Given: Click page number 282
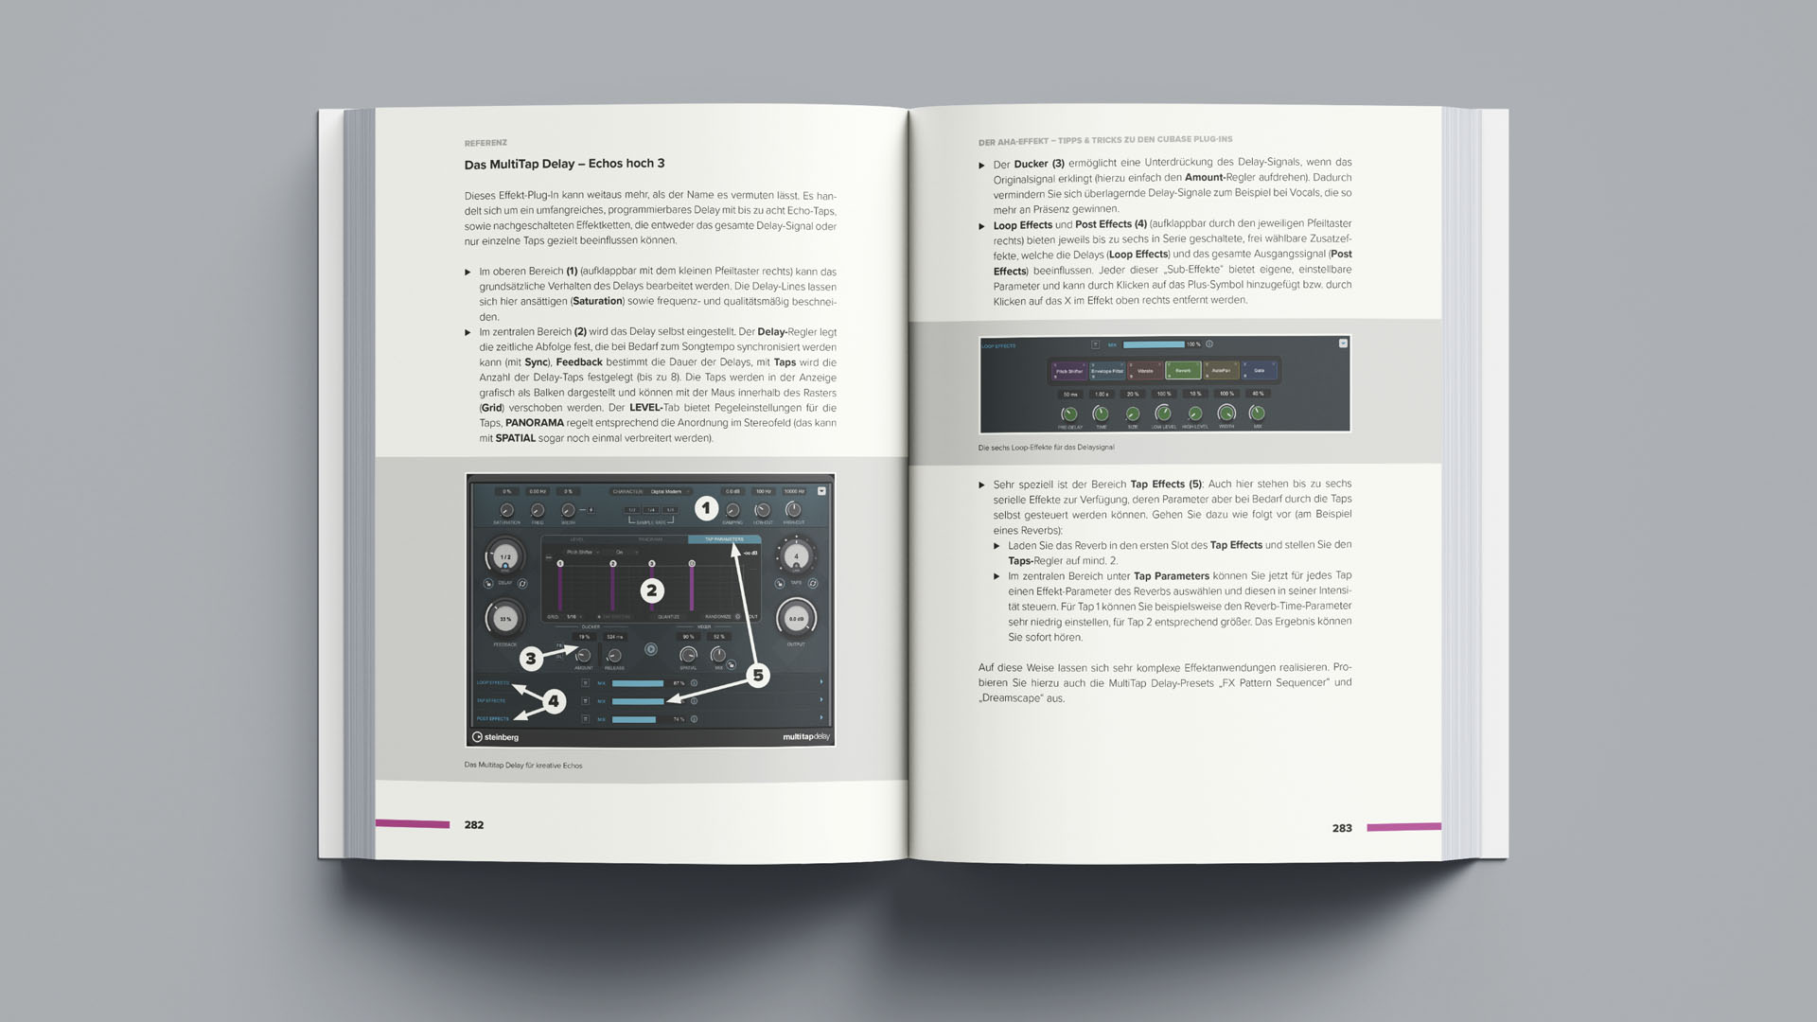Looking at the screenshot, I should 474,825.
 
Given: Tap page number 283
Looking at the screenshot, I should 1342,828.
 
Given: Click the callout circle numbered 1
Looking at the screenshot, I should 706,508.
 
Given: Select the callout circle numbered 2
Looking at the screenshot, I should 651,590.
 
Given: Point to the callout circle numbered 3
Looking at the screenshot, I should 531,658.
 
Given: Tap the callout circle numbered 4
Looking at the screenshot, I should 554,701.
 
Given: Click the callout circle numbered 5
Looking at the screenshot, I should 757,675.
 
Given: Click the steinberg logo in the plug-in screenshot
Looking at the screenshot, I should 496,737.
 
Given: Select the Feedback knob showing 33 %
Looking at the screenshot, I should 505,619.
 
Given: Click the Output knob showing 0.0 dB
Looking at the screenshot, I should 796,619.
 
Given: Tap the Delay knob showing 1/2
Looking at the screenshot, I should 505,557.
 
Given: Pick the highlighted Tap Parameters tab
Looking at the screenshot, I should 724,539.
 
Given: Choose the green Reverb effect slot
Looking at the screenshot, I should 1183,371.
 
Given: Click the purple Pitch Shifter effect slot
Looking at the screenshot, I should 1068,371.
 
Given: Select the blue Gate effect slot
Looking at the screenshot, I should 1259,371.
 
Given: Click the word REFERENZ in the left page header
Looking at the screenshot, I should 485,143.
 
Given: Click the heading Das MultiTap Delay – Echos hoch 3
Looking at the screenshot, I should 564,164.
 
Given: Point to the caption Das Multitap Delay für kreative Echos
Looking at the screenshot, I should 523,766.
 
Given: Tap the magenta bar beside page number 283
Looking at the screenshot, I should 1403,827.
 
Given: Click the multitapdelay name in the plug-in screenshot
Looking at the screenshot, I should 806,736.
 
